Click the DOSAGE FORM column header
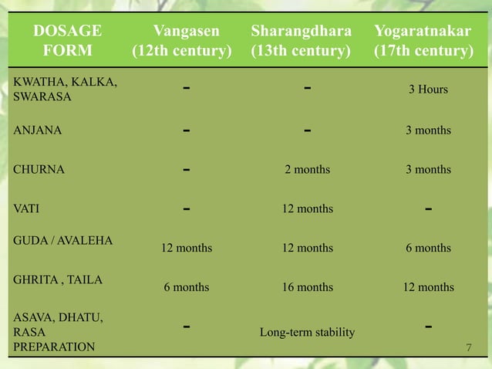[x=66, y=41]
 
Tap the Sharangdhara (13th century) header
[x=307, y=41]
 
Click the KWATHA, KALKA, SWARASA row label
[x=66, y=90]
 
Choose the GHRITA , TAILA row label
[x=58, y=280]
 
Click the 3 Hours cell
[x=428, y=90]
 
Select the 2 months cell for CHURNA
[x=307, y=170]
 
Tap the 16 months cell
[x=307, y=287]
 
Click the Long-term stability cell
[x=307, y=333]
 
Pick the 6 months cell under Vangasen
[x=186, y=287]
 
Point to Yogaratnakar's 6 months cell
[x=428, y=248]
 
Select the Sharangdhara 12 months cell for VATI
[x=307, y=209]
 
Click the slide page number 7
[x=470, y=347]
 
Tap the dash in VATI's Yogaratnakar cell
[x=428, y=208]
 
